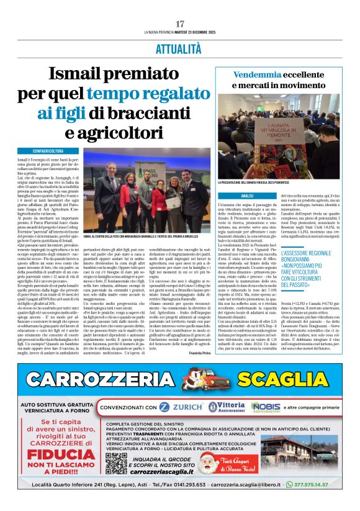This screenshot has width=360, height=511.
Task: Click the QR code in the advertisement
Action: [116, 463]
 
